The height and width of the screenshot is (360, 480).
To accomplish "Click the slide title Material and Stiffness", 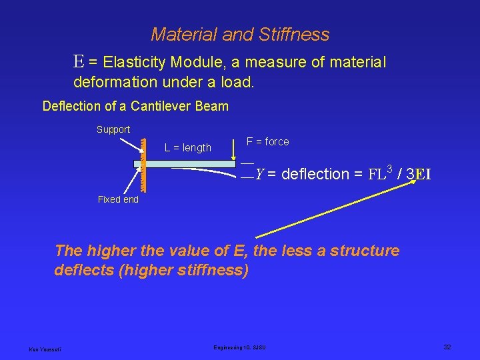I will (240, 34).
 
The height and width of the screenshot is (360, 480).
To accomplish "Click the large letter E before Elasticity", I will (79, 63).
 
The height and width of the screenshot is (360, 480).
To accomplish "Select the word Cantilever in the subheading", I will (158, 106).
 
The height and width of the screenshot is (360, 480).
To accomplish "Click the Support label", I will (113, 129).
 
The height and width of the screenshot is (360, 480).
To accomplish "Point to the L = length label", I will (188, 148).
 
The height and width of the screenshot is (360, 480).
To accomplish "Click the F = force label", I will (268, 141).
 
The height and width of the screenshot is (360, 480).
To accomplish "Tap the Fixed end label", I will (118, 199).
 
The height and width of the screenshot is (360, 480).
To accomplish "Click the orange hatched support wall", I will (143, 163).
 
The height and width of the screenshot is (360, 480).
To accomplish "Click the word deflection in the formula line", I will (315, 175).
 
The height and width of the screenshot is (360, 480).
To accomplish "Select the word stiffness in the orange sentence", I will (214, 270).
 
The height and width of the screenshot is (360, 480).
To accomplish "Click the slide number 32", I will (447, 347).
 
